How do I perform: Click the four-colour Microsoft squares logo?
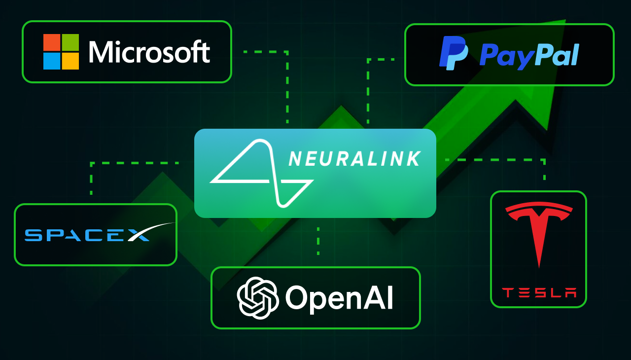pos(61,52)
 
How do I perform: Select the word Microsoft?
pos(149,52)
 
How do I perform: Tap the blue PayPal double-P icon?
pos(454,53)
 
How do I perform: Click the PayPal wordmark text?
pos(529,55)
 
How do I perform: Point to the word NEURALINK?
pos(354,159)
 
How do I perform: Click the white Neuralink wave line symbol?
pos(262,173)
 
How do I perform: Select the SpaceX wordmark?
pos(87,235)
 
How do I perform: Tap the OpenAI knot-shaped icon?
pos(258,298)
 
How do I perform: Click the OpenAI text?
pos(339,298)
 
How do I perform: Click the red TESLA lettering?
pos(539,293)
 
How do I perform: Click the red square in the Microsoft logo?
pos(52,42)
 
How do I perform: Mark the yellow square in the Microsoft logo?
pos(70,61)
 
